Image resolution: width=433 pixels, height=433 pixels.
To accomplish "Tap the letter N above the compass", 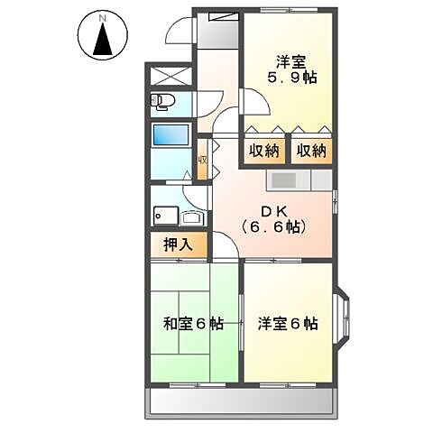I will [x=103, y=17].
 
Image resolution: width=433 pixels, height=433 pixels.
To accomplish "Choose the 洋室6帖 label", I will [x=288, y=322].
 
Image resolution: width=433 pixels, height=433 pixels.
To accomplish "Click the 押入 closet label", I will [x=178, y=244].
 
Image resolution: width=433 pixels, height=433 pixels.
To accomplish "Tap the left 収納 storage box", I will [x=262, y=151].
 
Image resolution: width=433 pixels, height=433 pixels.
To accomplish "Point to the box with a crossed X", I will [x=170, y=77].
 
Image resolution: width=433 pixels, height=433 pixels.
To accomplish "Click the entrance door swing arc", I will [x=180, y=36].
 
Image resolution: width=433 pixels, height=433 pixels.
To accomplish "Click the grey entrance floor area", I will [x=217, y=31].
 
